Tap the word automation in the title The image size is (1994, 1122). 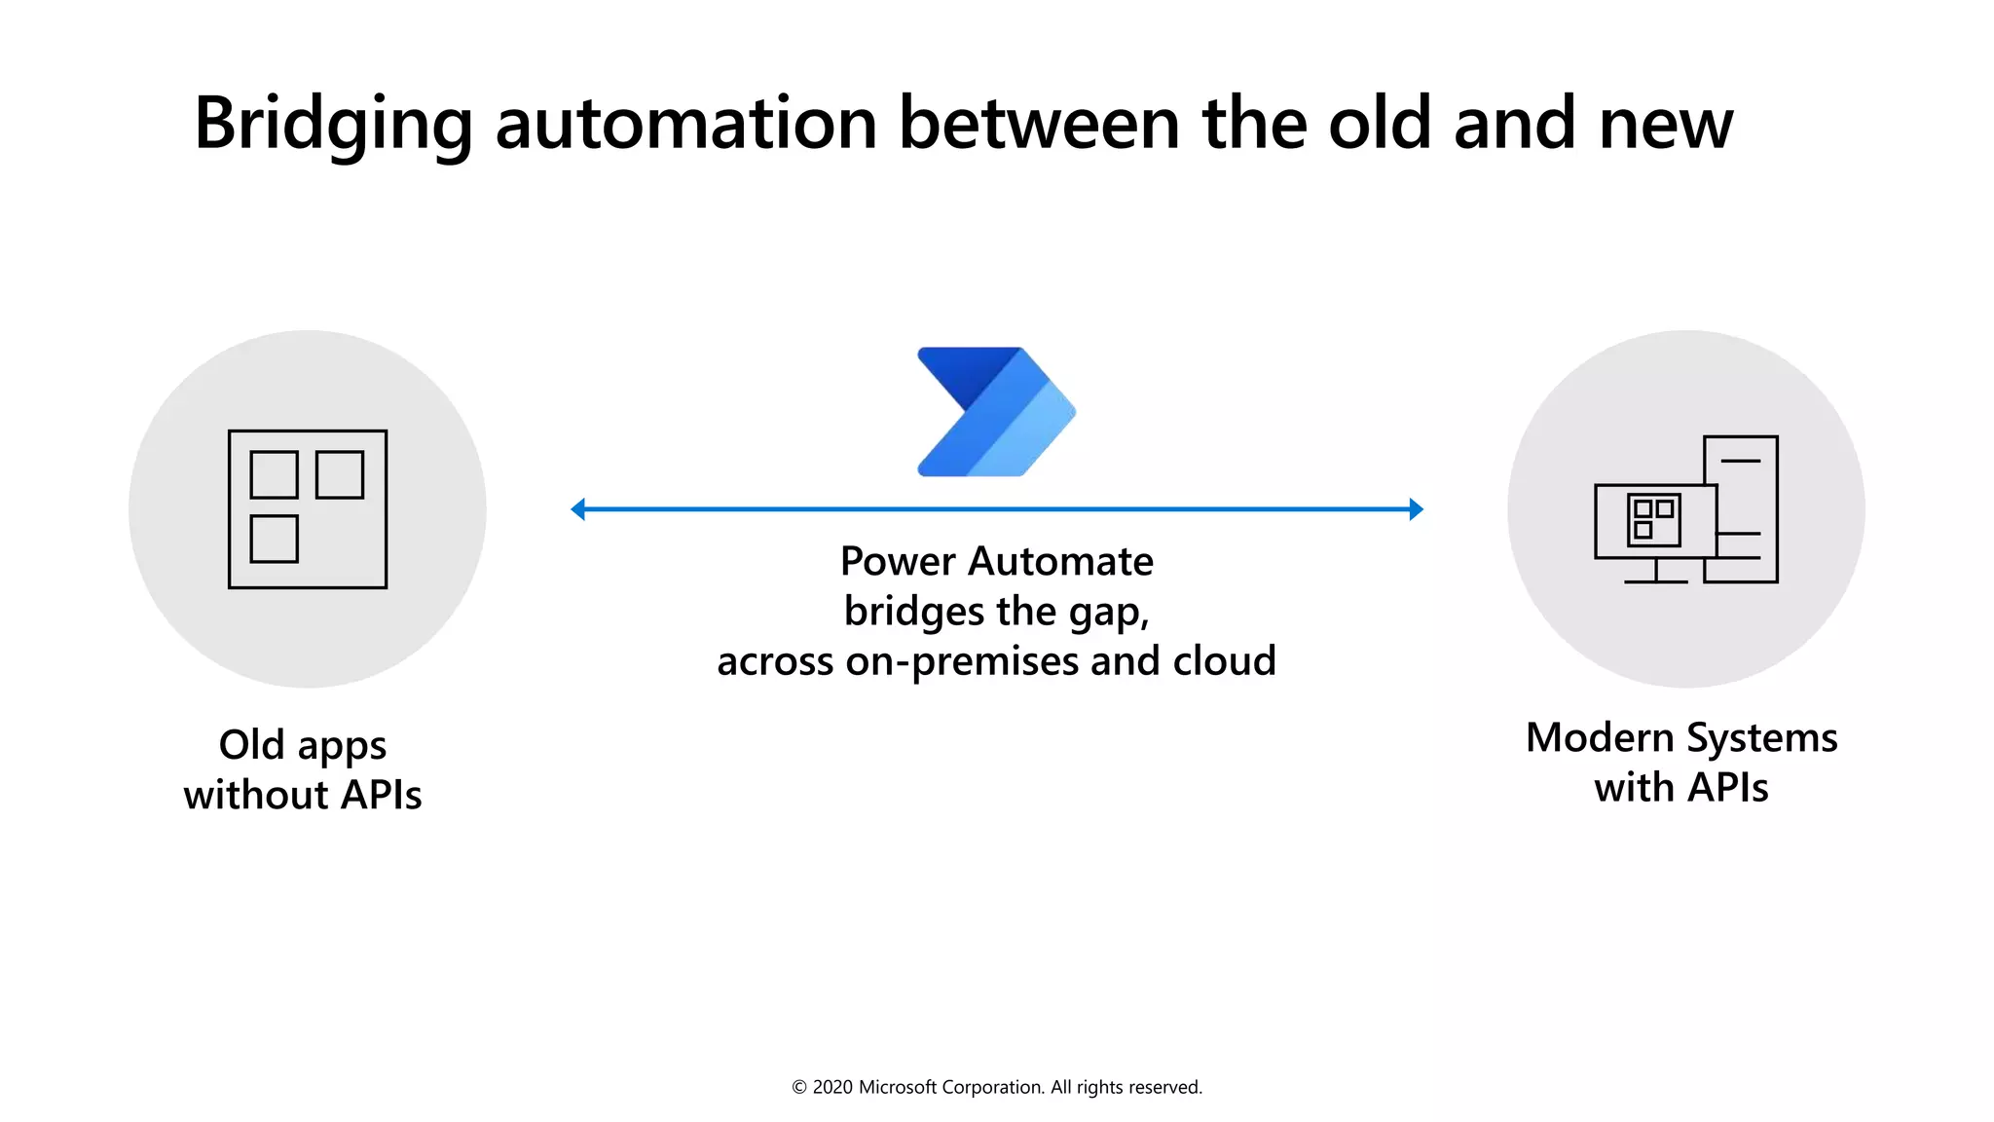[686, 125]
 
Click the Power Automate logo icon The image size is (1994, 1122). [995, 412]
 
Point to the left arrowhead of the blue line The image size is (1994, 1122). [578, 508]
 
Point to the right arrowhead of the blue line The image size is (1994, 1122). [1416, 508]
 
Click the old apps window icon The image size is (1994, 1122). [308, 508]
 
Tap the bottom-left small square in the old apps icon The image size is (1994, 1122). [274, 539]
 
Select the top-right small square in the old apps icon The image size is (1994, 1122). [340, 474]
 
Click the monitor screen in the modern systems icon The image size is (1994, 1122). [1655, 521]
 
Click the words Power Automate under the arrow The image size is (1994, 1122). [996, 561]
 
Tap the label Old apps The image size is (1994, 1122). [303, 746]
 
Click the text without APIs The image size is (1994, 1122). [303, 795]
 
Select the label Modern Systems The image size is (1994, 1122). [1681, 737]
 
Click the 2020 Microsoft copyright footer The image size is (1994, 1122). [996, 1087]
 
